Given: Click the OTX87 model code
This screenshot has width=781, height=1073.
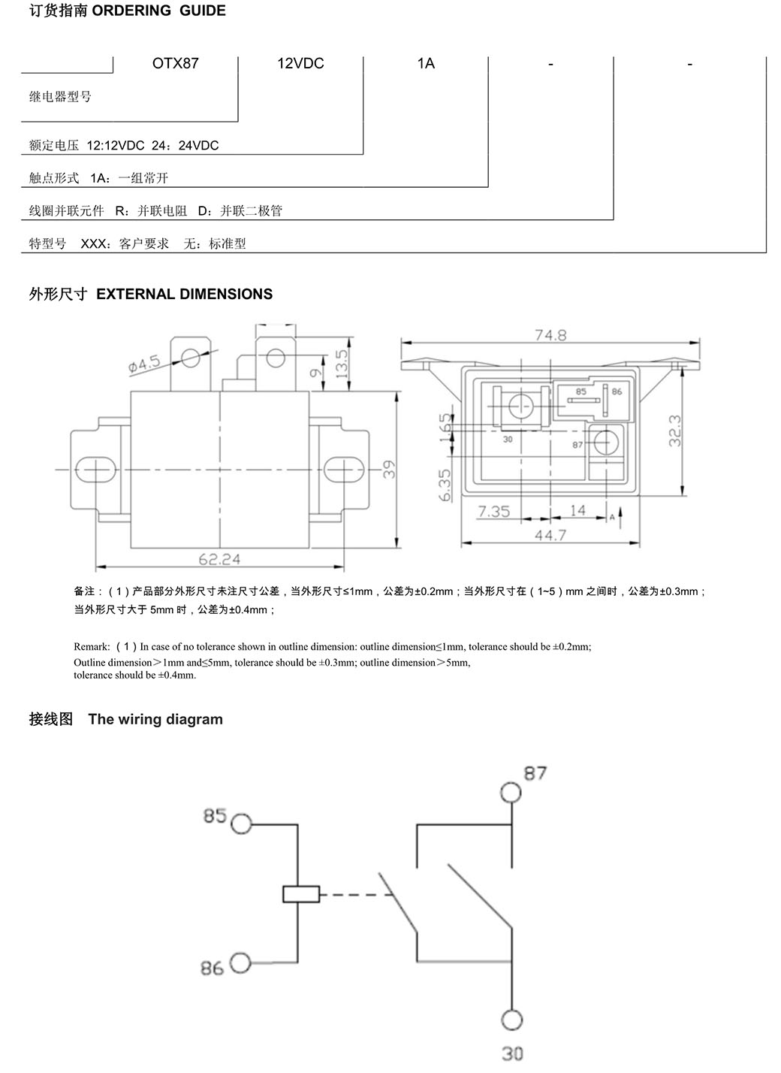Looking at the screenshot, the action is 175,63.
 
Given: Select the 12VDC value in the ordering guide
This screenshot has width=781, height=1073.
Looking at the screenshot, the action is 300,63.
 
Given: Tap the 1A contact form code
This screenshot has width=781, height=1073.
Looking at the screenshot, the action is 426,63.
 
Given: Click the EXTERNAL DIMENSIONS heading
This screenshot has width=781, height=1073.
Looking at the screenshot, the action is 184,294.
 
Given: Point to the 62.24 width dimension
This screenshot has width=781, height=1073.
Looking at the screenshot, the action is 219,559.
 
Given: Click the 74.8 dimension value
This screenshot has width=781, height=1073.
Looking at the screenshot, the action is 550,335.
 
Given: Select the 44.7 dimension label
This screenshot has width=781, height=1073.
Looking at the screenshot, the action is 550,534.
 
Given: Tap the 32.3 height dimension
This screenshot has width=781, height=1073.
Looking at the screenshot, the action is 674,431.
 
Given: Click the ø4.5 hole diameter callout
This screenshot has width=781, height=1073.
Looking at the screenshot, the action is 144,364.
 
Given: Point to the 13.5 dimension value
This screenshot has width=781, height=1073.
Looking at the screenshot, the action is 342,364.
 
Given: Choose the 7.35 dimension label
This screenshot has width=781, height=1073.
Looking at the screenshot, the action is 494,511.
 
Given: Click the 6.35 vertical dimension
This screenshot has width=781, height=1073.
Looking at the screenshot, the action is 445,485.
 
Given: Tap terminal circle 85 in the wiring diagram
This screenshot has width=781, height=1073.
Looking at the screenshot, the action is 241,824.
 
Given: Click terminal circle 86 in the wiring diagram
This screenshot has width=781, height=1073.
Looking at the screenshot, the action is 240,963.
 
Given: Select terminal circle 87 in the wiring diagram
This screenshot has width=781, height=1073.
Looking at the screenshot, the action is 511,792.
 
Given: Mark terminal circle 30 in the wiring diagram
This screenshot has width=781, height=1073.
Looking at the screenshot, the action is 512,1020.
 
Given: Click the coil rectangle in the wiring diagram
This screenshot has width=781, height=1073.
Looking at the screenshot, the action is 300,894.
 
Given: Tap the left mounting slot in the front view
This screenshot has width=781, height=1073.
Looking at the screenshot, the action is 96,469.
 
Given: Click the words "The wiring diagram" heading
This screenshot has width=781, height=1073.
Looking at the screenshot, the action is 155,719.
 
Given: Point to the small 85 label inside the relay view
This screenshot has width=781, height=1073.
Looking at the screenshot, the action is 580,391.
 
